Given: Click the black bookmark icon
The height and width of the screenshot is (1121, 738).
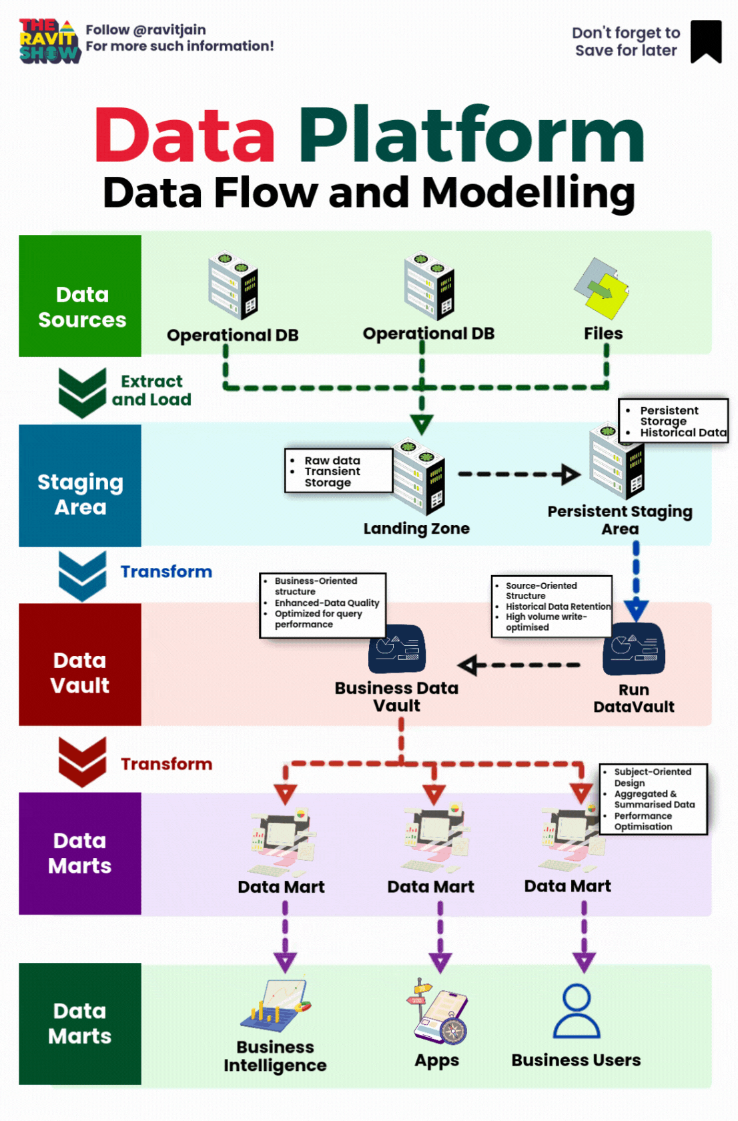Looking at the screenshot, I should (x=705, y=41).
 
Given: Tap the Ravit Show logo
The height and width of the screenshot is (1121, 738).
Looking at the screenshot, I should (x=49, y=41).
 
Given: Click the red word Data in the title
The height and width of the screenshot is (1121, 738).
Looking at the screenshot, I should (x=184, y=135).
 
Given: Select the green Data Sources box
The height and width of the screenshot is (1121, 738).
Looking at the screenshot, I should (x=80, y=296).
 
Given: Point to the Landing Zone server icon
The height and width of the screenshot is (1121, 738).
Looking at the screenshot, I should (x=419, y=475).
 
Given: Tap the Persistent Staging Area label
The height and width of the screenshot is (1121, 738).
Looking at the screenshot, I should (x=620, y=520).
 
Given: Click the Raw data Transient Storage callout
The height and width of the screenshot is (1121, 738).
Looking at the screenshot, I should (x=338, y=471).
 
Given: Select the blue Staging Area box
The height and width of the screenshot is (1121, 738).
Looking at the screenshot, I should (x=80, y=486).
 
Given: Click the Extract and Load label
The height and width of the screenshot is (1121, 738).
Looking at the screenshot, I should (x=151, y=390).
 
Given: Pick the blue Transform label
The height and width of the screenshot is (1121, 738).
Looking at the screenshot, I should (x=166, y=572).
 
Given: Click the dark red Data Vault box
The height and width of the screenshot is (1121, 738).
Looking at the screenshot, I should (x=80, y=665).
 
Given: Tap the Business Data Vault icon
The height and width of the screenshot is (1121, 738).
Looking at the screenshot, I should (x=397, y=649).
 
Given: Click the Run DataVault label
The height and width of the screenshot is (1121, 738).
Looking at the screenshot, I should (x=634, y=698).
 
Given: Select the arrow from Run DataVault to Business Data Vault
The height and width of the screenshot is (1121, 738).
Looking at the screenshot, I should (x=519, y=665).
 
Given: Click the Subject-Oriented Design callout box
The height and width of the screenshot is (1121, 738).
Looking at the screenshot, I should (x=653, y=799).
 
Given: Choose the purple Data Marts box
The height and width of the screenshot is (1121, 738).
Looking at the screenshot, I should (x=80, y=853).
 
